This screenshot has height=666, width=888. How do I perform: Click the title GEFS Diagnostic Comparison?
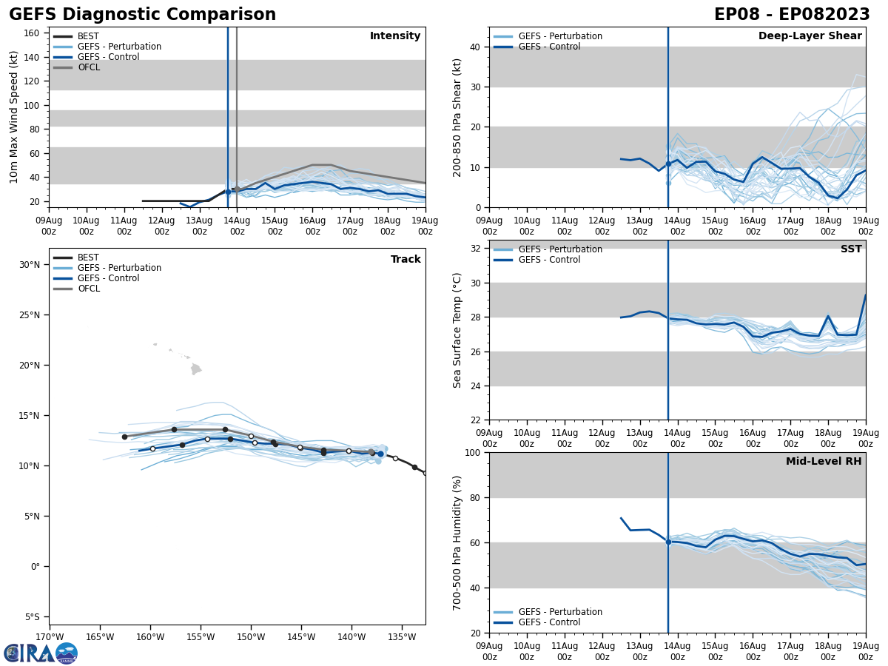click(x=142, y=15)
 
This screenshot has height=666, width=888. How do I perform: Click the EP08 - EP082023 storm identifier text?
click(x=792, y=15)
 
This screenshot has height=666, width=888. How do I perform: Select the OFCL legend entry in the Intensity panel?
click(x=88, y=67)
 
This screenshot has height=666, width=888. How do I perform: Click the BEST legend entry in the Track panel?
click(x=88, y=258)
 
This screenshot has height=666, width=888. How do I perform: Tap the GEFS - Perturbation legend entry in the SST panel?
click(x=559, y=249)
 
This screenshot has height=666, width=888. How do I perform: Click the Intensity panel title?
click(x=395, y=36)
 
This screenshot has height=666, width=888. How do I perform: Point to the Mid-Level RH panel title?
click(x=824, y=462)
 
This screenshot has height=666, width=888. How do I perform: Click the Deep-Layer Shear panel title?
click(x=810, y=36)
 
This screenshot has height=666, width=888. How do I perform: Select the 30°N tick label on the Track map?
click(x=30, y=265)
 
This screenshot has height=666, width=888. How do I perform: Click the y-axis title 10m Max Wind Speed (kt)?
click(x=15, y=117)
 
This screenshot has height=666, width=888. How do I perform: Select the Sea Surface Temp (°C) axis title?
click(x=457, y=330)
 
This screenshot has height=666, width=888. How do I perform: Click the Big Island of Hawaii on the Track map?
click(x=195, y=369)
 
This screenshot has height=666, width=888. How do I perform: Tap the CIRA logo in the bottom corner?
click(x=41, y=653)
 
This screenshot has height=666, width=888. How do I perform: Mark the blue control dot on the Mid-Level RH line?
click(x=668, y=542)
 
